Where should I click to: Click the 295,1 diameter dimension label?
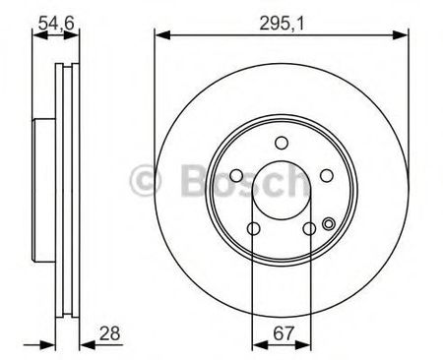pos(282,24)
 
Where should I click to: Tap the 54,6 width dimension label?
pos(56,24)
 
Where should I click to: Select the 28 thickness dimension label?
pos(110,333)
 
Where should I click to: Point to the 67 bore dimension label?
pos(284,333)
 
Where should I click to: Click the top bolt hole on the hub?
pos(282,143)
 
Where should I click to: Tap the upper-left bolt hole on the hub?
pos(236,176)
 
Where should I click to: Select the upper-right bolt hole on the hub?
pos(327,176)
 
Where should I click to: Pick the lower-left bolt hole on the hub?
pos(254,228)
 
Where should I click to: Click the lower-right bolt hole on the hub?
pos(309,228)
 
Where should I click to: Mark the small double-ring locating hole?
pos(329,223)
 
